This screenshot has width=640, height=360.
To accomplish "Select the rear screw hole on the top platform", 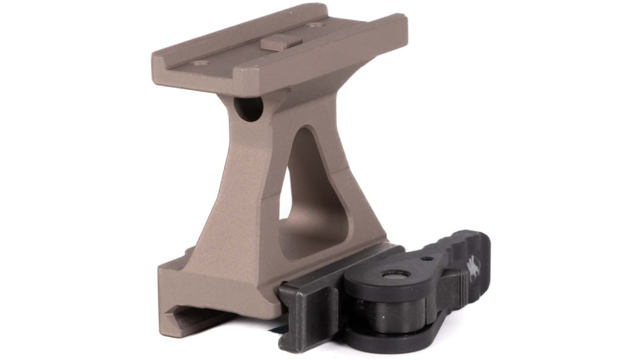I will pyautogui.click(x=316, y=26).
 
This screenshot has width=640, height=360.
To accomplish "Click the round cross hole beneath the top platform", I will pyautogui.click(x=249, y=109).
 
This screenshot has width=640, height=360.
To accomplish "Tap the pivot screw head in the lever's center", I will pyautogui.click(x=396, y=275).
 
